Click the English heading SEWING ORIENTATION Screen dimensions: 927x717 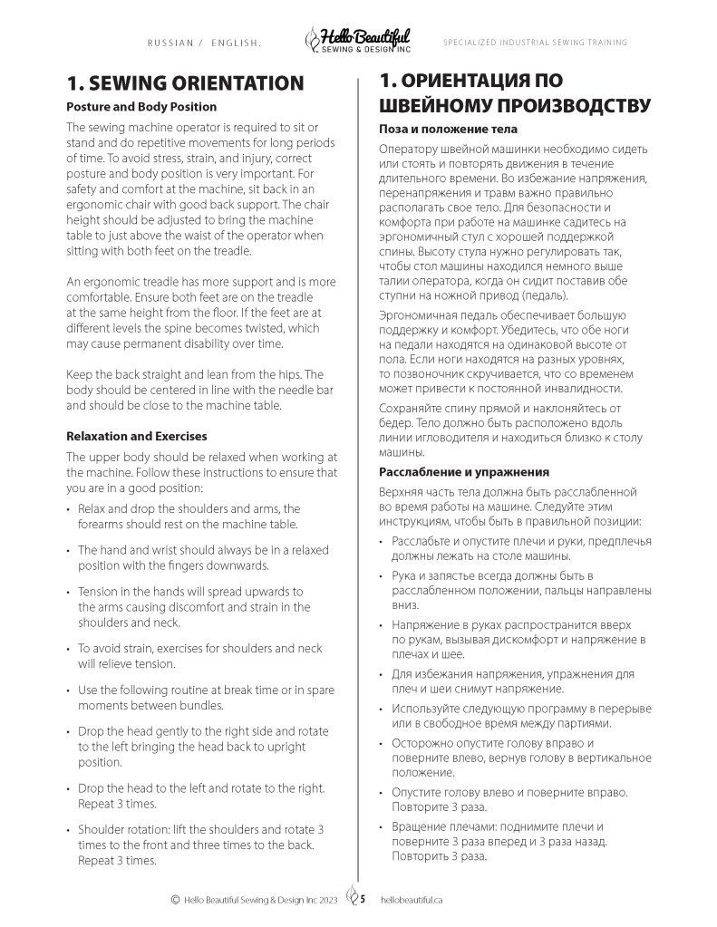(185, 83)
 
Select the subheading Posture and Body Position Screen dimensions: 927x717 (141, 107)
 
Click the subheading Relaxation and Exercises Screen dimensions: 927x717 (137, 437)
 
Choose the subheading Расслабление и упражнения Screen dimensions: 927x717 (464, 472)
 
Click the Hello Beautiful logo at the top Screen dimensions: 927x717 (358, 39)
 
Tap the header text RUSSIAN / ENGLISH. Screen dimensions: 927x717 (204, 43)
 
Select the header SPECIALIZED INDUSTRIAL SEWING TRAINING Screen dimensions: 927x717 (535, 43)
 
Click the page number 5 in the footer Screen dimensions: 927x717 (363, 900)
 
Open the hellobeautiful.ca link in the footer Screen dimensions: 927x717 (412, 900)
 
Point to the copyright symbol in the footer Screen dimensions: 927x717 (175, 900)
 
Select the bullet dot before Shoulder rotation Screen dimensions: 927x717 (70, 830)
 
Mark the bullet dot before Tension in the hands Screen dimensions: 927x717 (70, 592)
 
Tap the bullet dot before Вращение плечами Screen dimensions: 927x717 (383, 827)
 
